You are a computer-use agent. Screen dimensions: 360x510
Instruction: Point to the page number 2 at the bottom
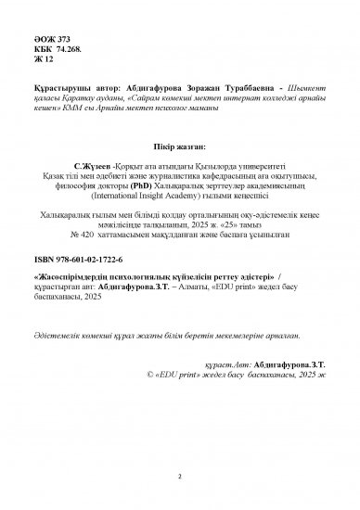(179, 478)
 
